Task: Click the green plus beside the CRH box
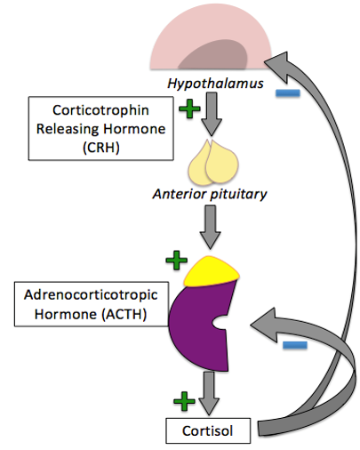point(188,108)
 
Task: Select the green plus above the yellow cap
point(177,260)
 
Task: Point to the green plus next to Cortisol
point(184,401)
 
